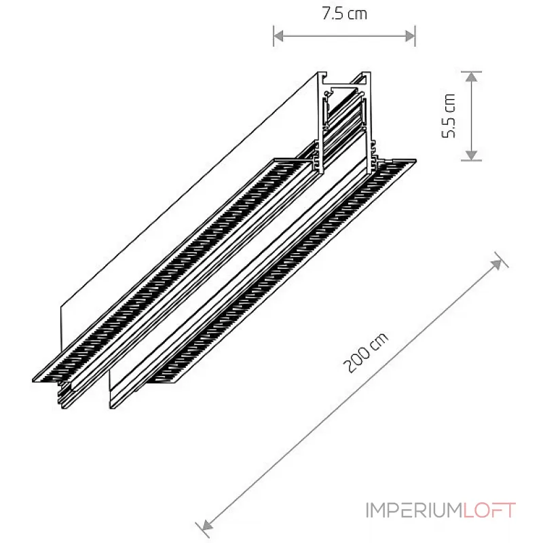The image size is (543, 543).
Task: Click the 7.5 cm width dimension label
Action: coord(344,14)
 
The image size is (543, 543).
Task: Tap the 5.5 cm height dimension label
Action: coord(449,115)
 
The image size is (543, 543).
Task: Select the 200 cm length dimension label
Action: coord(366,352)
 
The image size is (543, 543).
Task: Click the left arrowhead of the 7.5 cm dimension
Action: coord(278,36)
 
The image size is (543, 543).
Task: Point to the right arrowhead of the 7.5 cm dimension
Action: coord(411,36)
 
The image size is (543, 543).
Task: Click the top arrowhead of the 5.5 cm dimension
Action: coord(471,77)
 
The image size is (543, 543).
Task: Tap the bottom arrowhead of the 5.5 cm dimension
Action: coord(471,155)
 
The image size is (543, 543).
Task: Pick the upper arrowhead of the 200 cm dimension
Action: coord(497,264)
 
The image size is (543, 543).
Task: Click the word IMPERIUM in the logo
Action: coord(414,510)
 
